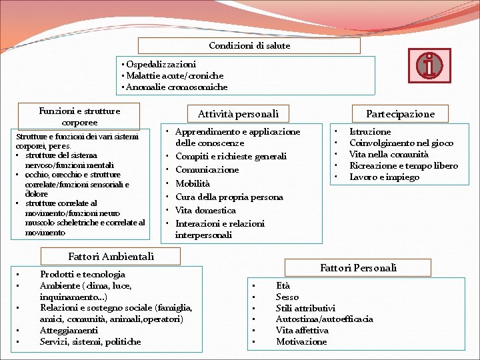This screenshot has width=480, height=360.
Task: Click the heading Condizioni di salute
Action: (249, 46)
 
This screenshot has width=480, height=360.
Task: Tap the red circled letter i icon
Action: (430, 65)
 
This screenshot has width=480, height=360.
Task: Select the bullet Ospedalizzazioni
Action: (161, 65)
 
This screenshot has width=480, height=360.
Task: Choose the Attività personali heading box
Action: (238, 114)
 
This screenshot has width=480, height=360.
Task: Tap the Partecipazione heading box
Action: (400, 114)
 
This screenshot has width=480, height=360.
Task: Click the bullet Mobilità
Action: (193, 183)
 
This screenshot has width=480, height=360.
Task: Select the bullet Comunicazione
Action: (207, 170)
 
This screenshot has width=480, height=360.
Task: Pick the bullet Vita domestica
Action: (205, 210)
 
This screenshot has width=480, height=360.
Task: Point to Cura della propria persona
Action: (229, 197)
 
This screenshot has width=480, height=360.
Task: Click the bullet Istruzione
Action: (370, 132)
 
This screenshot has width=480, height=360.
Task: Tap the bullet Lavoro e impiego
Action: (384, 177)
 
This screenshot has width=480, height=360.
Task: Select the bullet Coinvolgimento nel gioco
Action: (401, 143)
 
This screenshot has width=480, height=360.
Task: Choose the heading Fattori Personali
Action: (358, 268)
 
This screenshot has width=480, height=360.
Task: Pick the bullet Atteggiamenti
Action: (69, 330)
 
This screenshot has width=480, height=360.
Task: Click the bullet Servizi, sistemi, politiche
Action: (90, 341)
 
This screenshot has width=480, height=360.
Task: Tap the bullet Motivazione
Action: (301, 341)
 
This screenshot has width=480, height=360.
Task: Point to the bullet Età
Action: (283, 285)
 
